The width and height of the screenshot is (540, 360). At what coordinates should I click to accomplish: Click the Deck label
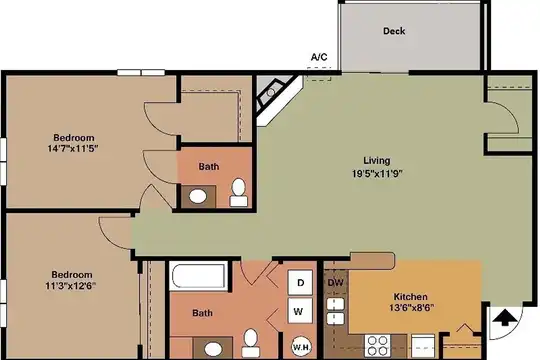point(394,31)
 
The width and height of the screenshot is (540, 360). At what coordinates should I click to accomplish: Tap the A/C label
point(319,57)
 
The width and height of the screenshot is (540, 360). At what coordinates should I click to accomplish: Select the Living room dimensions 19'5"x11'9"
point(377,173)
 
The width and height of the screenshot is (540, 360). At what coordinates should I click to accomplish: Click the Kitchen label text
point(411,297)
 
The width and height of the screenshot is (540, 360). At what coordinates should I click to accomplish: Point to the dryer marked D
point(300,282)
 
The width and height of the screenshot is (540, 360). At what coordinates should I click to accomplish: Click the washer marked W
point(300,311)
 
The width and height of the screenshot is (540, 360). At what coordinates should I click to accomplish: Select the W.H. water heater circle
point(302,347)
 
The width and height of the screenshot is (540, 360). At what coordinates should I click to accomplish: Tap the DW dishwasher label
point(335,283)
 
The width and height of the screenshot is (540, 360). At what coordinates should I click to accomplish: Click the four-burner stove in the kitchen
point(377,345)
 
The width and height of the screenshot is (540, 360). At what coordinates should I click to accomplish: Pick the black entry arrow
point(505,317)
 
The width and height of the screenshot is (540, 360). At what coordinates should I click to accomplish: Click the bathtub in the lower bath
point(198,276)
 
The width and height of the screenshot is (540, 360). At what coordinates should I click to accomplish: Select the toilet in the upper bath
point(238,193)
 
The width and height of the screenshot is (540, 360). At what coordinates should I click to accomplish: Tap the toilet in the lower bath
point(250,343)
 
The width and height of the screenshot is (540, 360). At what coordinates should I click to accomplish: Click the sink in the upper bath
point(198,196)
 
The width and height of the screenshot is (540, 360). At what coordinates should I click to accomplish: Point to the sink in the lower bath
point(213,349)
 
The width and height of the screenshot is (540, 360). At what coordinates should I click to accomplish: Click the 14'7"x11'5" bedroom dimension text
point(73,148)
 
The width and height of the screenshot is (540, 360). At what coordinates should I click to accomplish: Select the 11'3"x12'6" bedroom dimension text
point(71,286)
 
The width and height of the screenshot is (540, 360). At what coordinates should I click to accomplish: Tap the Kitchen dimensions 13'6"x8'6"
point(411,307)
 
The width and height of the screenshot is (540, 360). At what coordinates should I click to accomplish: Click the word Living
point(377,161)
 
